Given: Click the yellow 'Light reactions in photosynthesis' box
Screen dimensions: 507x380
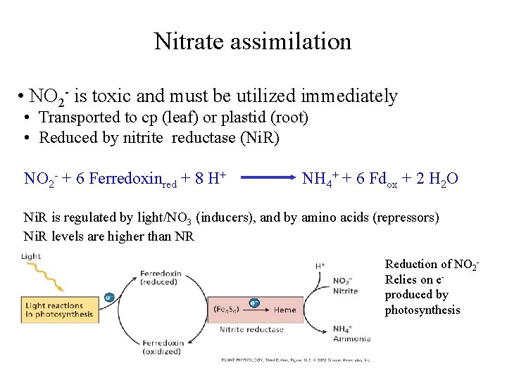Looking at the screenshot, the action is (x=59, y=310).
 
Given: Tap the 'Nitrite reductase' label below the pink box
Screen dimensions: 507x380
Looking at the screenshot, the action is (x=252, y=329).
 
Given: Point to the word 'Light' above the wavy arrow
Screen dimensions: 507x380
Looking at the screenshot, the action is (x=31, y=257).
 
